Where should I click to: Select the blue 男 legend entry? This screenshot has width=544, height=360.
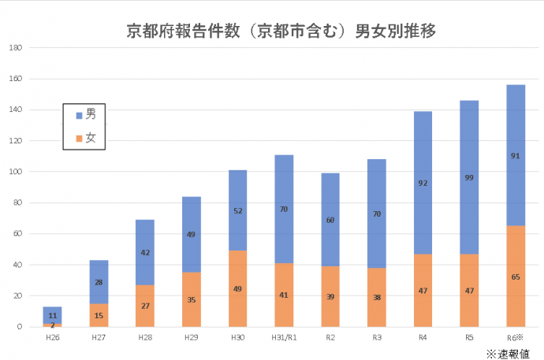tap(85, 114)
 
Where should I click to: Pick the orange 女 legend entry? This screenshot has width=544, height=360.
tap(85, 138)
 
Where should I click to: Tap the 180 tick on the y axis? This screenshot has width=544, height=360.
tap(15, 48)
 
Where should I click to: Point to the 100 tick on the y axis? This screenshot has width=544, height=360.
tap(15, 172)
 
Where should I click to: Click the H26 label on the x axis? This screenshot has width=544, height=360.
tap(52, 336)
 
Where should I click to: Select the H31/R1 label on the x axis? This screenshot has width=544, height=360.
tap(284, 336)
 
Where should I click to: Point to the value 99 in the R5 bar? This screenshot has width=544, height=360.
tap(469, 177)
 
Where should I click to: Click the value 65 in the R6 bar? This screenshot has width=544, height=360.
tap(516, 277)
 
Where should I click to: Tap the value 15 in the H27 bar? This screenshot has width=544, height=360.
tap(99, 316)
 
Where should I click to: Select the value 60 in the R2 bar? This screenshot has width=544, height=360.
tap(330, 220)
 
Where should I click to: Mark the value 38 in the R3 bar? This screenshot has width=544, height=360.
tap(376, 298)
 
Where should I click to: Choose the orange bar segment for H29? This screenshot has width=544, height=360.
tap(191, 299)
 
